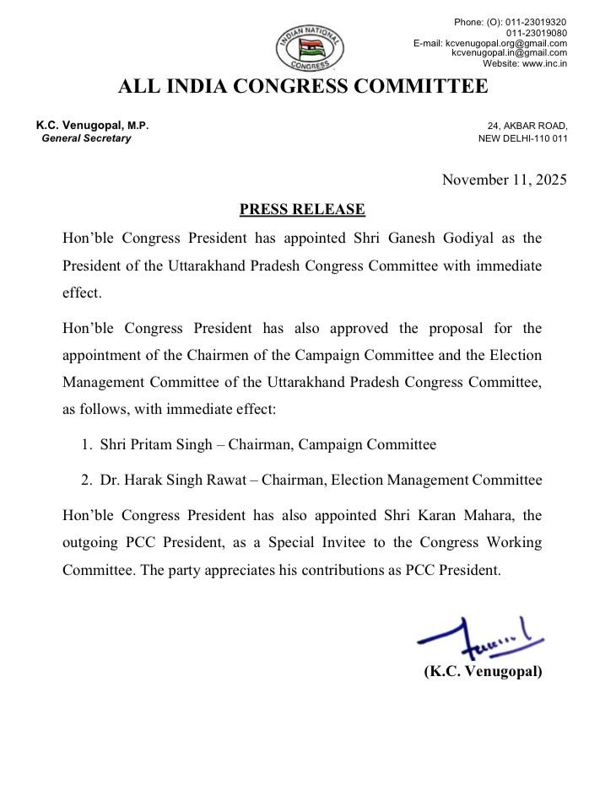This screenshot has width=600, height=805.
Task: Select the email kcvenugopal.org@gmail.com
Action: (510, 42)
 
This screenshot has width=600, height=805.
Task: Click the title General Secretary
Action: (87, 138)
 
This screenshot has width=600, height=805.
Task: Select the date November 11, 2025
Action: (505, 179)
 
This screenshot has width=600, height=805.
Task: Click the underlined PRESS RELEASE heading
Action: (302, 207)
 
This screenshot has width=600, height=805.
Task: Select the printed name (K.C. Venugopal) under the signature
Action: (483, 672)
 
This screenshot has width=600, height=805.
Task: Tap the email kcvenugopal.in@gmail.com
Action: (509, 52)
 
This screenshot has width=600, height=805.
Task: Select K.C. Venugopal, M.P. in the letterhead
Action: (92, 126)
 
